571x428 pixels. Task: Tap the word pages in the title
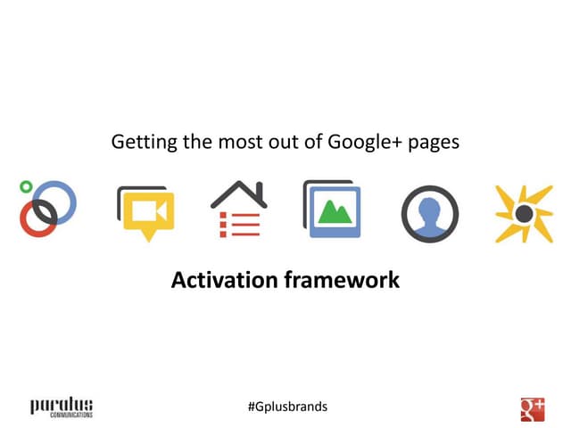coord(434,143)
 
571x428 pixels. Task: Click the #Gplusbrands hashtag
coord(287,407)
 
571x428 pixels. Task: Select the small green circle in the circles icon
coord(26,187)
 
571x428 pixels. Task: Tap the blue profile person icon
coord(430,214)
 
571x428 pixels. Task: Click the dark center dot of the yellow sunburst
coord(524,214)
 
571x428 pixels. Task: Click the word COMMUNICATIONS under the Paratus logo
coord(62,414)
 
